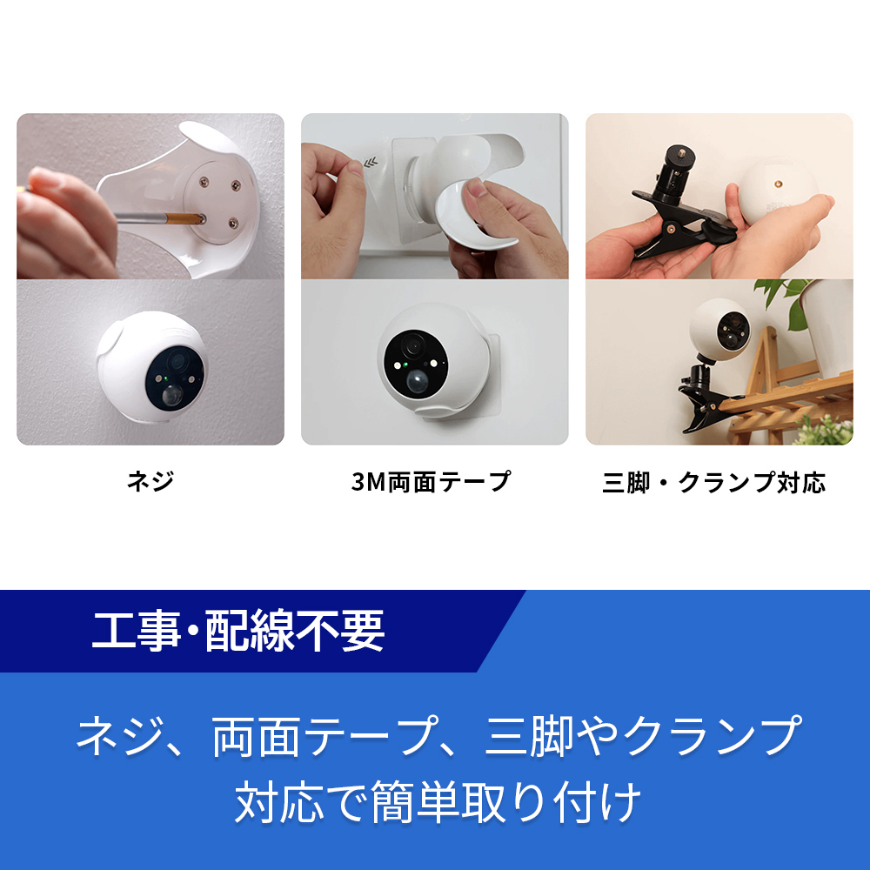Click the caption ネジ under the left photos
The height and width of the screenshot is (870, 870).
coord(150,481)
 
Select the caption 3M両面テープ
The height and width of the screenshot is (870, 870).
coord(431,481)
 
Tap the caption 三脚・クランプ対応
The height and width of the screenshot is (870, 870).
coord(713,482)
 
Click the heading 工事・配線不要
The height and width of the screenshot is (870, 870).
coord(238,632)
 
